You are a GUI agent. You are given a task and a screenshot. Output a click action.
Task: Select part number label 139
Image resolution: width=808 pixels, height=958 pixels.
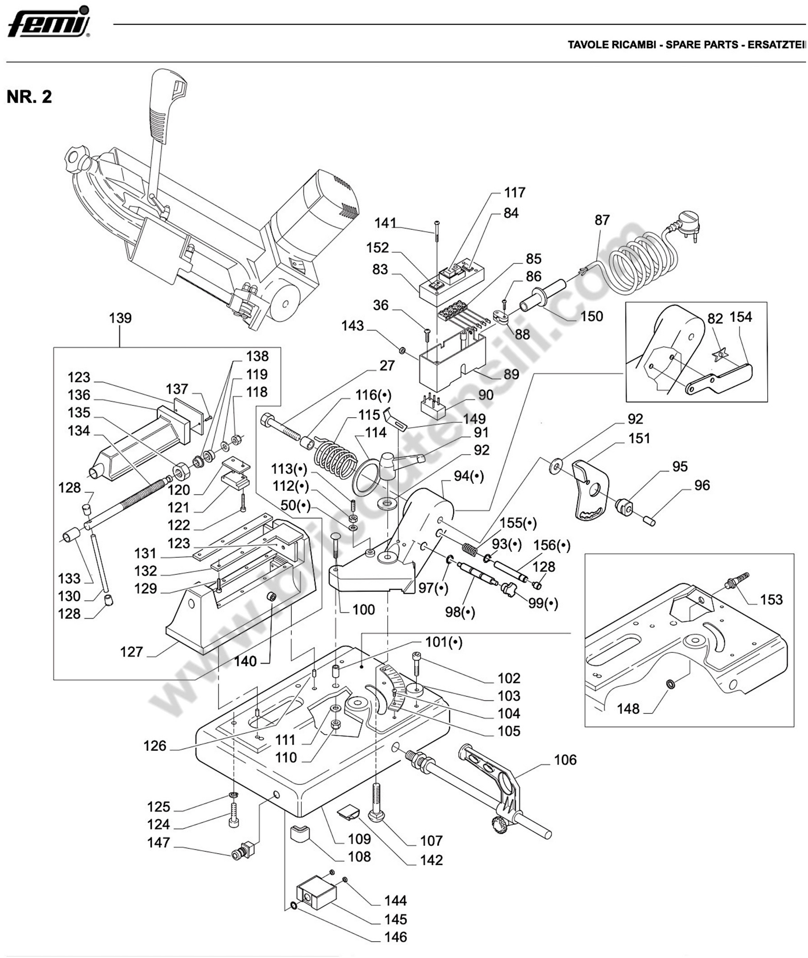[121, 318]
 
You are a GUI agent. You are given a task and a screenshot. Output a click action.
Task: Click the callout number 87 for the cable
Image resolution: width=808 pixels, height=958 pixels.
[602, 220]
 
